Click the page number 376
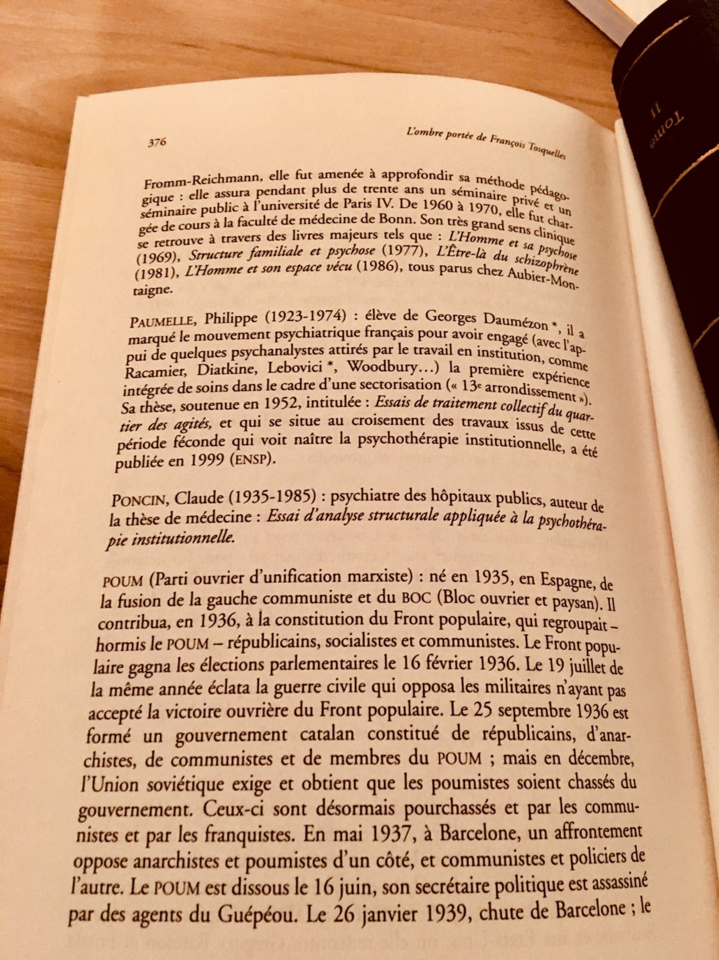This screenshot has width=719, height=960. click(158, 142)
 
